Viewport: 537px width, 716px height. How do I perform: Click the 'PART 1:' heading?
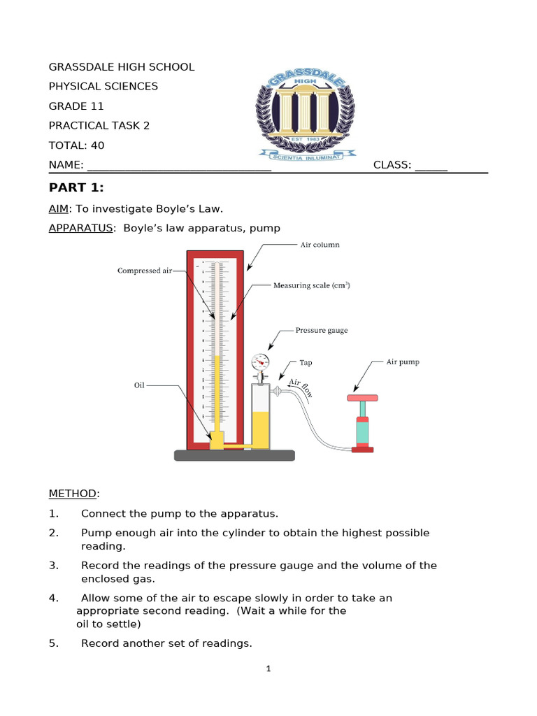tap(76, 187)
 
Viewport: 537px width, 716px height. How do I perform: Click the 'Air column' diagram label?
tap(320, 245)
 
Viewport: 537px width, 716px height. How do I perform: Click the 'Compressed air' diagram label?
tap(144, 271)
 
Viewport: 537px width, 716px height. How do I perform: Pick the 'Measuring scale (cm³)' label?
tap(311, 285)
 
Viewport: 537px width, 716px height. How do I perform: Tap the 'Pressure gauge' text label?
tap(321, 330)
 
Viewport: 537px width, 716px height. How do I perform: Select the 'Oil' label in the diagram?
tap(138, 385)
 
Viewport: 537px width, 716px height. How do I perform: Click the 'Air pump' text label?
tap(403, 362)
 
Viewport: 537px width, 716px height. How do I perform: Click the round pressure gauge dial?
tap(259, 361)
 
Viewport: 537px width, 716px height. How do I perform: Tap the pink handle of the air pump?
tap(363, 399)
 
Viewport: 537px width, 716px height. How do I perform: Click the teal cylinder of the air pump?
tap(362, 431)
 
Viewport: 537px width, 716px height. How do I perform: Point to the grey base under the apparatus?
tap(234, 455)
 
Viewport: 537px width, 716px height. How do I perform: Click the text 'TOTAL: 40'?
tap(76, 145)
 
